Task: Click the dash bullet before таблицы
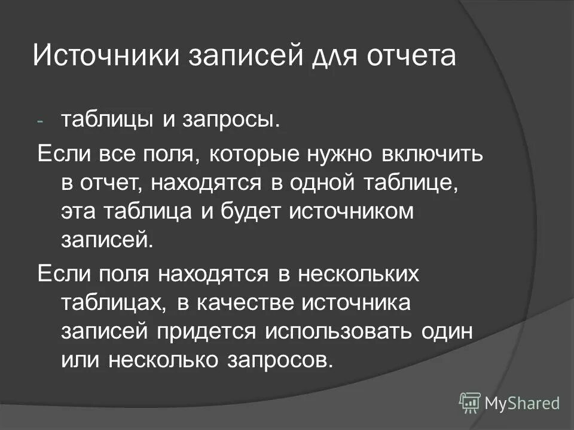[x=40, y=121]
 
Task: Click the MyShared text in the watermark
[x=521, y=403]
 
